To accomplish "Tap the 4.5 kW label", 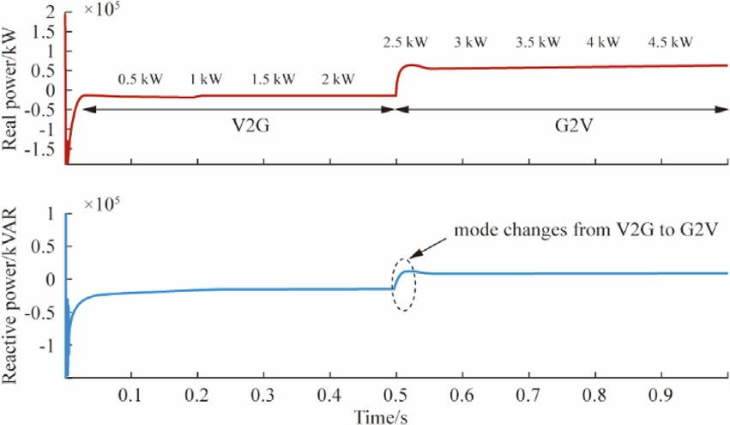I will pos(670,42).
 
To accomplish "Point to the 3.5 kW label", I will pos(539,42).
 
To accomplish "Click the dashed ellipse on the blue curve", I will pos(404,284).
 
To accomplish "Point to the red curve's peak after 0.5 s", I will pos(413,65).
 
